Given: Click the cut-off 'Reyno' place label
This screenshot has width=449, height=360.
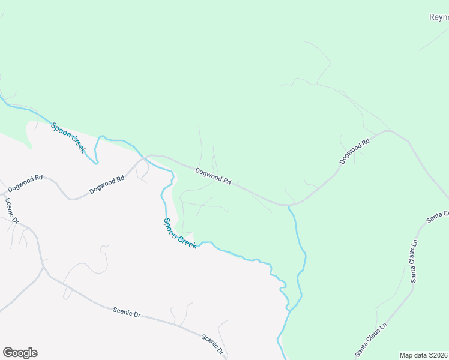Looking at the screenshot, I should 439,17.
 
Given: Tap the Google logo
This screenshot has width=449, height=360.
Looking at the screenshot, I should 20,353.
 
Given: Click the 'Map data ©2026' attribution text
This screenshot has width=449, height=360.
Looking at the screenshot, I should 424,355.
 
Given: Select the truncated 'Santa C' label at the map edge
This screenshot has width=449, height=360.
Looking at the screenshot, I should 438,217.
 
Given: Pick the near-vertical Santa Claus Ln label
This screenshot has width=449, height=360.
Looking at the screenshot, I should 414,262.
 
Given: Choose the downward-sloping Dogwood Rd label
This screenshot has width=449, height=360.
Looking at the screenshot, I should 214,176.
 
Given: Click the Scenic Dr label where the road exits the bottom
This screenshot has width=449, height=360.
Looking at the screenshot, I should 212,344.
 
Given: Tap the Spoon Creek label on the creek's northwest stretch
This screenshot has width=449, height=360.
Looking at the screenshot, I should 68,137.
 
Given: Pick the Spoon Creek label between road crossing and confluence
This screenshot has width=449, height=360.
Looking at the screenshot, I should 180,233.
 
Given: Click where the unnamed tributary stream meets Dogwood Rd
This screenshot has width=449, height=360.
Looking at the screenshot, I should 289,206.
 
